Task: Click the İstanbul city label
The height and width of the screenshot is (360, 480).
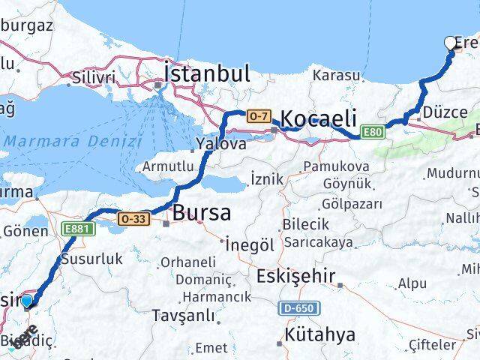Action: point(206,73)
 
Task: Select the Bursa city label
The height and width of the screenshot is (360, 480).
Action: point(202,213)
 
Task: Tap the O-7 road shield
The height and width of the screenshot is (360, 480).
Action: point(257,116)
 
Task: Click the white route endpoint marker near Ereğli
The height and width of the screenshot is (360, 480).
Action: point(451,43)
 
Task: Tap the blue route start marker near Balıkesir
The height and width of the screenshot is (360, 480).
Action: point(27,301)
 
